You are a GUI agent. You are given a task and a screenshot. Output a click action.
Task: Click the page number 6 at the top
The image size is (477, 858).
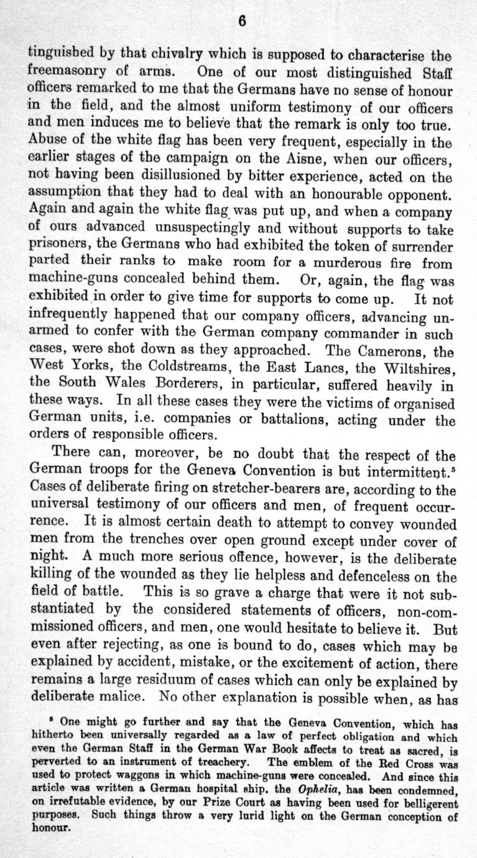pyautogui.click(x=243, y=21)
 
